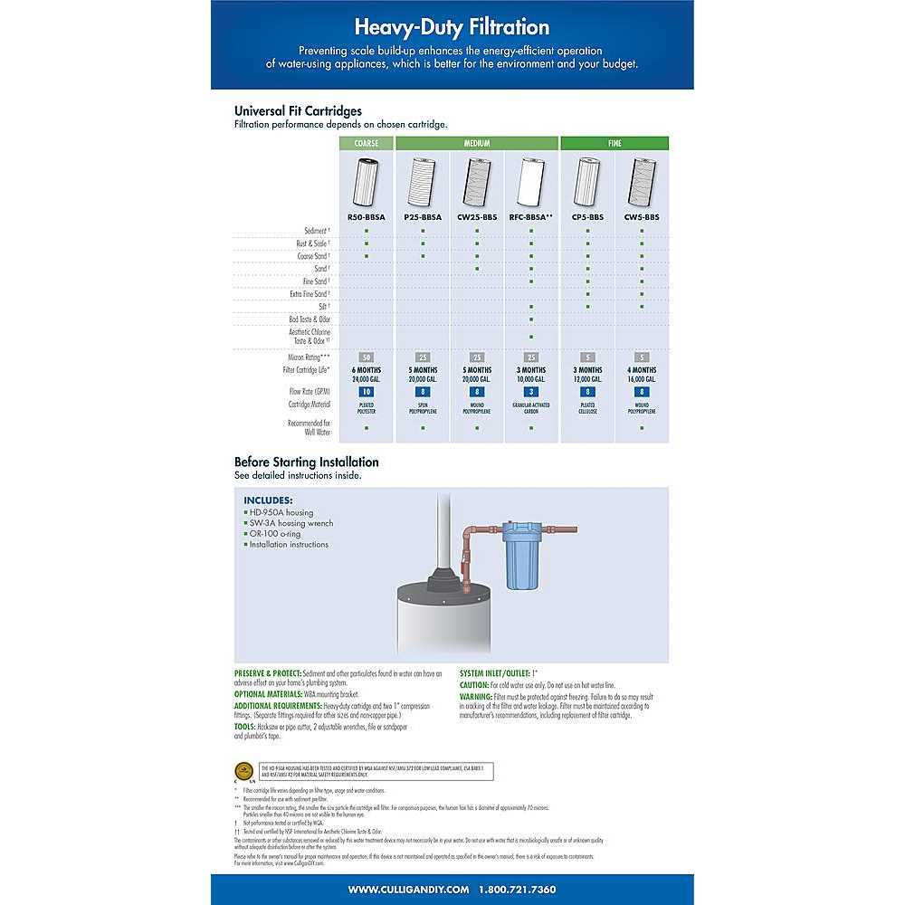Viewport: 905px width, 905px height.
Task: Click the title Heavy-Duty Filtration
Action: pyautogui.click(x=452, y=27)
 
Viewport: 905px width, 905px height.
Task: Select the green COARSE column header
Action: pyautogui.click(x=367, y=143)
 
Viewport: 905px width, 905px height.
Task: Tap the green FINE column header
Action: pyautogui.click(x=614, y=143)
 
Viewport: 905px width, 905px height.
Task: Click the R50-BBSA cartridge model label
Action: pyautogui.click(x=367, y=217)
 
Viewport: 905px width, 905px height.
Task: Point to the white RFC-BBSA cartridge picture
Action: pyautogui.click(x=531, y=183)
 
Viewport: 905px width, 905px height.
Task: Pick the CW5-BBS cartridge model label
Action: pyautogui.click(x=642, y=217)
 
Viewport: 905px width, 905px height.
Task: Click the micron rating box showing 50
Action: pyautogui.click(x=367, y=357)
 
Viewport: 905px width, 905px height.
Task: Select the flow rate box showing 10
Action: pyautogui.click(x=367, y=392)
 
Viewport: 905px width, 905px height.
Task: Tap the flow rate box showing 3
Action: pyautogui.click(x=531, y=392)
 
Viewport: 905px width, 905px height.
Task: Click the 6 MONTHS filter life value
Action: pyautogui.click(x=367, y=370)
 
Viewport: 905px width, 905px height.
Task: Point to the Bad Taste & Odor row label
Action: pyautogui.click(x=310, y=319)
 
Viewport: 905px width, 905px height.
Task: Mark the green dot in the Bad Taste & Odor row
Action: pyautogui.click(x=531, y=319)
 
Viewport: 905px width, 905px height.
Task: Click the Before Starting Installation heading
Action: pyautogui.click(x=306, y=462)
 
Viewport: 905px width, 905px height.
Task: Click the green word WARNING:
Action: pyautogui.click(x=475, y=697)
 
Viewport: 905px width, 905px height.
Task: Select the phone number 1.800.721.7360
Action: pyautogui.click(x=518, y=890)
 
